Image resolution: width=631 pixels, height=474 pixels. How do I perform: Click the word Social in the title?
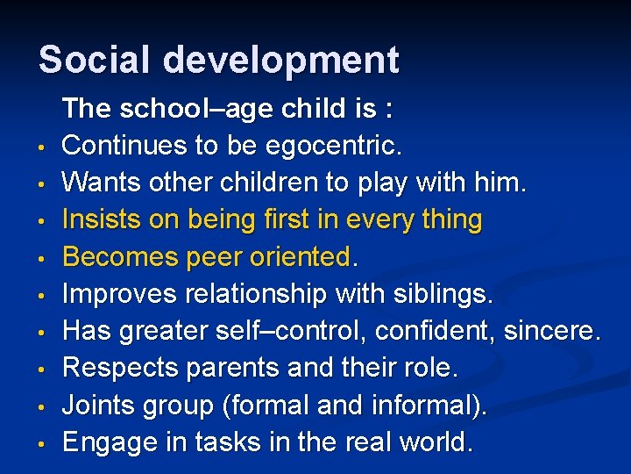click(96, 60)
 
